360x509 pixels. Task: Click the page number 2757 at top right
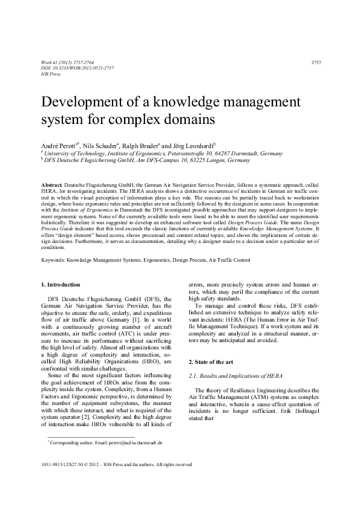pos(316,62)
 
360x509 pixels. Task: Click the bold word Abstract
pos(51,183)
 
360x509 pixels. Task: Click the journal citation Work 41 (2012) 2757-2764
pos(67,62)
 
